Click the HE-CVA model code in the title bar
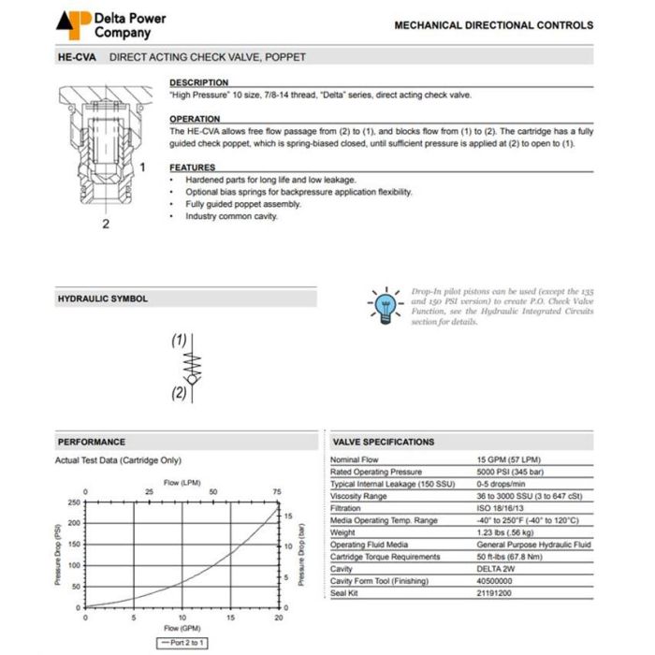pos(78,57)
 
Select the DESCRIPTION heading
pos(198,83)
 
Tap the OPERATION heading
pos(195,119)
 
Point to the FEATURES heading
pos(193,167)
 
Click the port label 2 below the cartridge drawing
pos(106,225)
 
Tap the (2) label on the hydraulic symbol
pos(179,393)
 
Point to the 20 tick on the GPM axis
pos(279,617)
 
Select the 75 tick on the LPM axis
pos(277,492)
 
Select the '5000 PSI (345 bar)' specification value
pos(515,472)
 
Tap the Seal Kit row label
pos(347,593)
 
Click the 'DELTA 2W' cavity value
pos(496,569)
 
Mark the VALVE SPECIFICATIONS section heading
pos(384,442)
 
